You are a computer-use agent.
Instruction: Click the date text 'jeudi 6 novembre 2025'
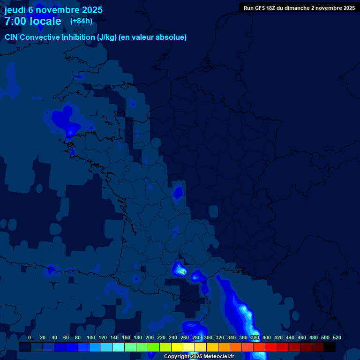tap(53, 10)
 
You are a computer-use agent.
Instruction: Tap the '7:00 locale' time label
tap(33, 21)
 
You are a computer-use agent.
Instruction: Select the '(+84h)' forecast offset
tap(81, 21)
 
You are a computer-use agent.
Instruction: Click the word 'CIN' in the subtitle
tap(12, 37)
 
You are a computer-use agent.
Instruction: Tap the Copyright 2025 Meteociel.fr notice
tap(199, 357)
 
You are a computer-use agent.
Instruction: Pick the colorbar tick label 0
tap(30, 338)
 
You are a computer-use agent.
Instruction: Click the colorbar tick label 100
tap(90, 338)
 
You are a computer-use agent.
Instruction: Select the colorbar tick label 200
tap(149, 338)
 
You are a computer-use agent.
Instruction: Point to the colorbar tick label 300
tap(208, 338)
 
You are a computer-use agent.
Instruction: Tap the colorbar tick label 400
tap(266, 338)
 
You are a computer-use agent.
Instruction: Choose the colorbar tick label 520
tap(337, 338)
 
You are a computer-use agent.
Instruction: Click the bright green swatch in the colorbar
tap(154, 347)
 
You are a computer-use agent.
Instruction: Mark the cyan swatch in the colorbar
tap(119, 347)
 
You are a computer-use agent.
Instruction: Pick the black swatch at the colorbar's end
tap(330, 347)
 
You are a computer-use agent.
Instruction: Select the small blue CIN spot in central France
tap(178, 192)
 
